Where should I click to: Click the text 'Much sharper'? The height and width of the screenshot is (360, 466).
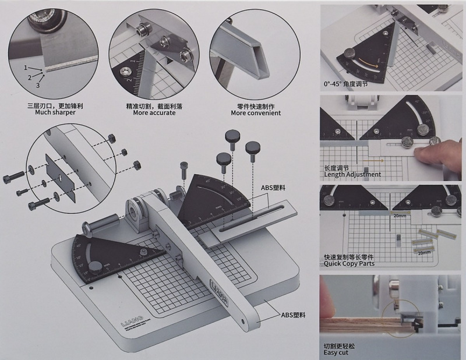51,113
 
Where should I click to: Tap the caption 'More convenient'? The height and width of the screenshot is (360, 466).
256,113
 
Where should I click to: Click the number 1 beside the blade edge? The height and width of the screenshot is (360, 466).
26,68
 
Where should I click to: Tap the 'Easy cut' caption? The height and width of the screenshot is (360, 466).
338,352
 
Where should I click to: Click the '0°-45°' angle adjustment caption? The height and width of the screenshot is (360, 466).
352,84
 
